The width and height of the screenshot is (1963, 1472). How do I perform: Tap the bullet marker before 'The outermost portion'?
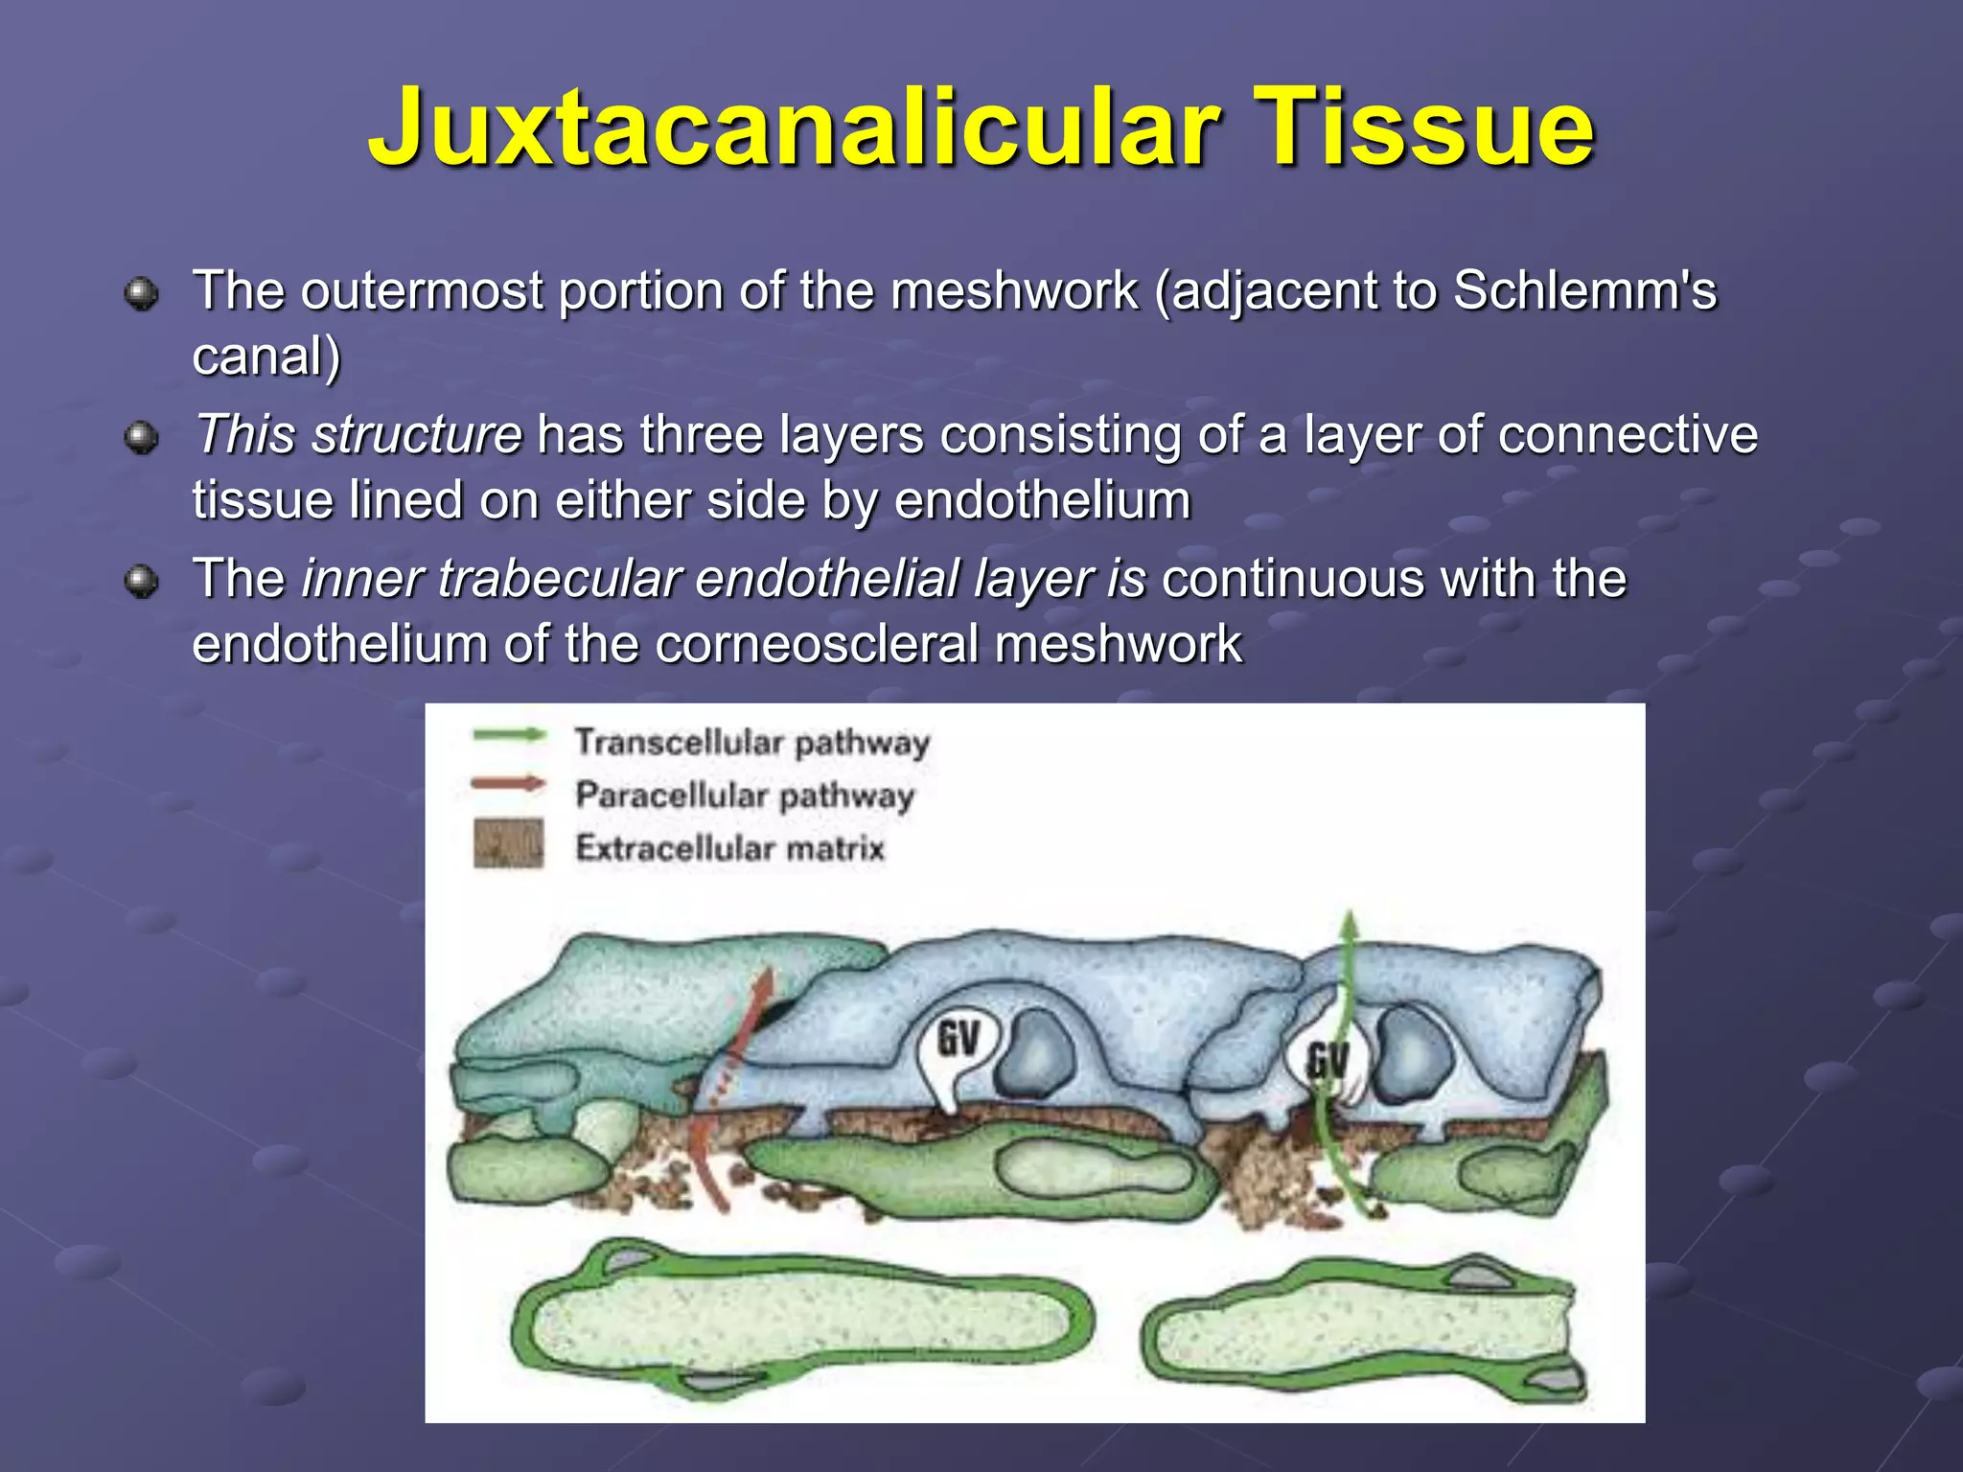pos(142,293)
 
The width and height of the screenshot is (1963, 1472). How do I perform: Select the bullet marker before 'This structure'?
pos(142,438)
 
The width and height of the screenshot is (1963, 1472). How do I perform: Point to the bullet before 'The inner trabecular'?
pos(142,582)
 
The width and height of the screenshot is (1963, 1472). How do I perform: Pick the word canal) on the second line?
pos(266,356)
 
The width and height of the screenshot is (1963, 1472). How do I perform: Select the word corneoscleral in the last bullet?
pos(817,643)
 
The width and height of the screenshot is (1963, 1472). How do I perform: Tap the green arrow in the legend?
pos(509,736)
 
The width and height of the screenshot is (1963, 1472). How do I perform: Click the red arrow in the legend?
pos(508,785)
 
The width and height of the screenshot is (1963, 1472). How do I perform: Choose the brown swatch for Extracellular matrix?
pos(508,843)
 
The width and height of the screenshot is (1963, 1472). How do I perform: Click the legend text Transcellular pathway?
pos(751,743)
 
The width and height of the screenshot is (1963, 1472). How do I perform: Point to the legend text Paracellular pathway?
pos(744,795)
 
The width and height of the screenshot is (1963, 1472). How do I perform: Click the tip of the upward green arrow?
pos(1350,918)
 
